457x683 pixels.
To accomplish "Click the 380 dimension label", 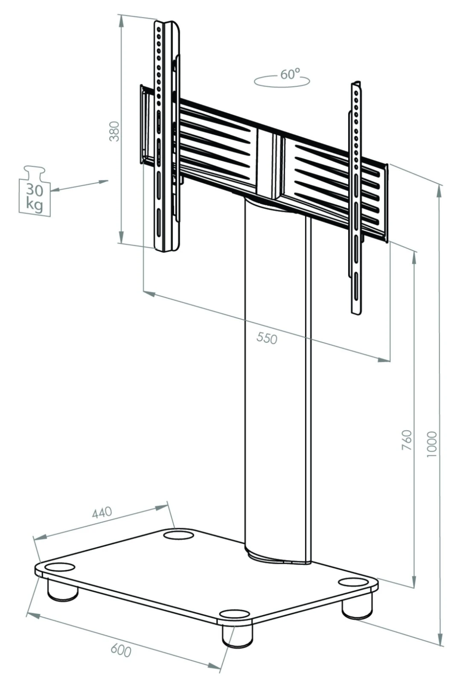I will click(115, 131).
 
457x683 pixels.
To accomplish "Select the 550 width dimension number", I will click(267, 338).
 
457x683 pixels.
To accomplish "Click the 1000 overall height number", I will click(432, 444).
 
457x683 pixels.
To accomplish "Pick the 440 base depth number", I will click(102, 512).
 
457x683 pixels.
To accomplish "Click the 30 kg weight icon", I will click(35, 192).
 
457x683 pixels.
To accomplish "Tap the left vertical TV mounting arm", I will click(166, 137).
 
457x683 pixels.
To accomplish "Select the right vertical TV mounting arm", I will click(357, 196).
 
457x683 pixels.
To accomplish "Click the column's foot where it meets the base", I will click(277, 555).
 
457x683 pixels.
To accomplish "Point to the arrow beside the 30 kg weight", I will click(79, 186).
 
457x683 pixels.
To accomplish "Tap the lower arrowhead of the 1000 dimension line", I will click(440, 640).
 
